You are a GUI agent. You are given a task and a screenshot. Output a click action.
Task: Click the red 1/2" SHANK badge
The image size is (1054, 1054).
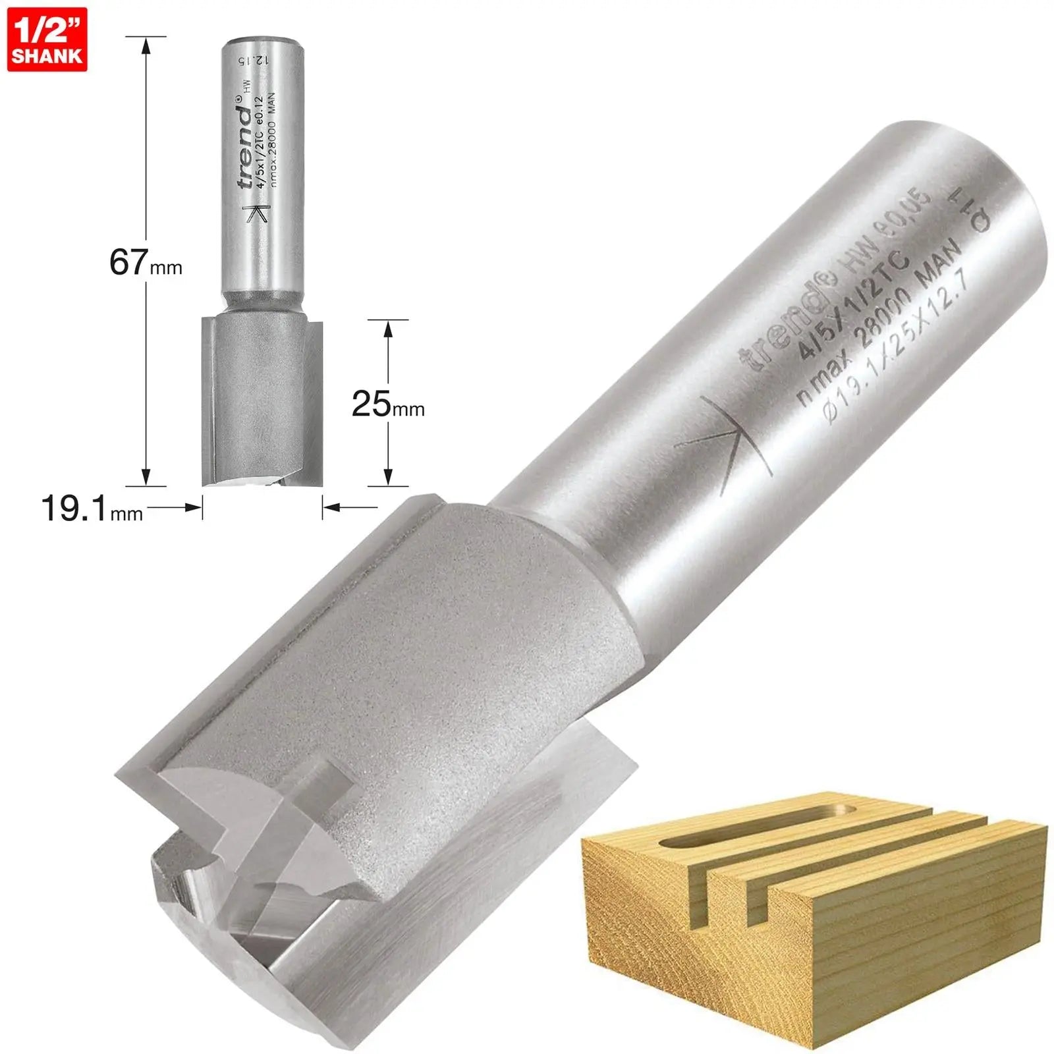(47, 39)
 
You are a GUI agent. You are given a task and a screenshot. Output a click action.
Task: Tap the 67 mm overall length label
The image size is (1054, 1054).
(145, 262)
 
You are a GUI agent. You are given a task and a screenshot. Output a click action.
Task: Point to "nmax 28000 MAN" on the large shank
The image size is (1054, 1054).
(879, 321)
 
